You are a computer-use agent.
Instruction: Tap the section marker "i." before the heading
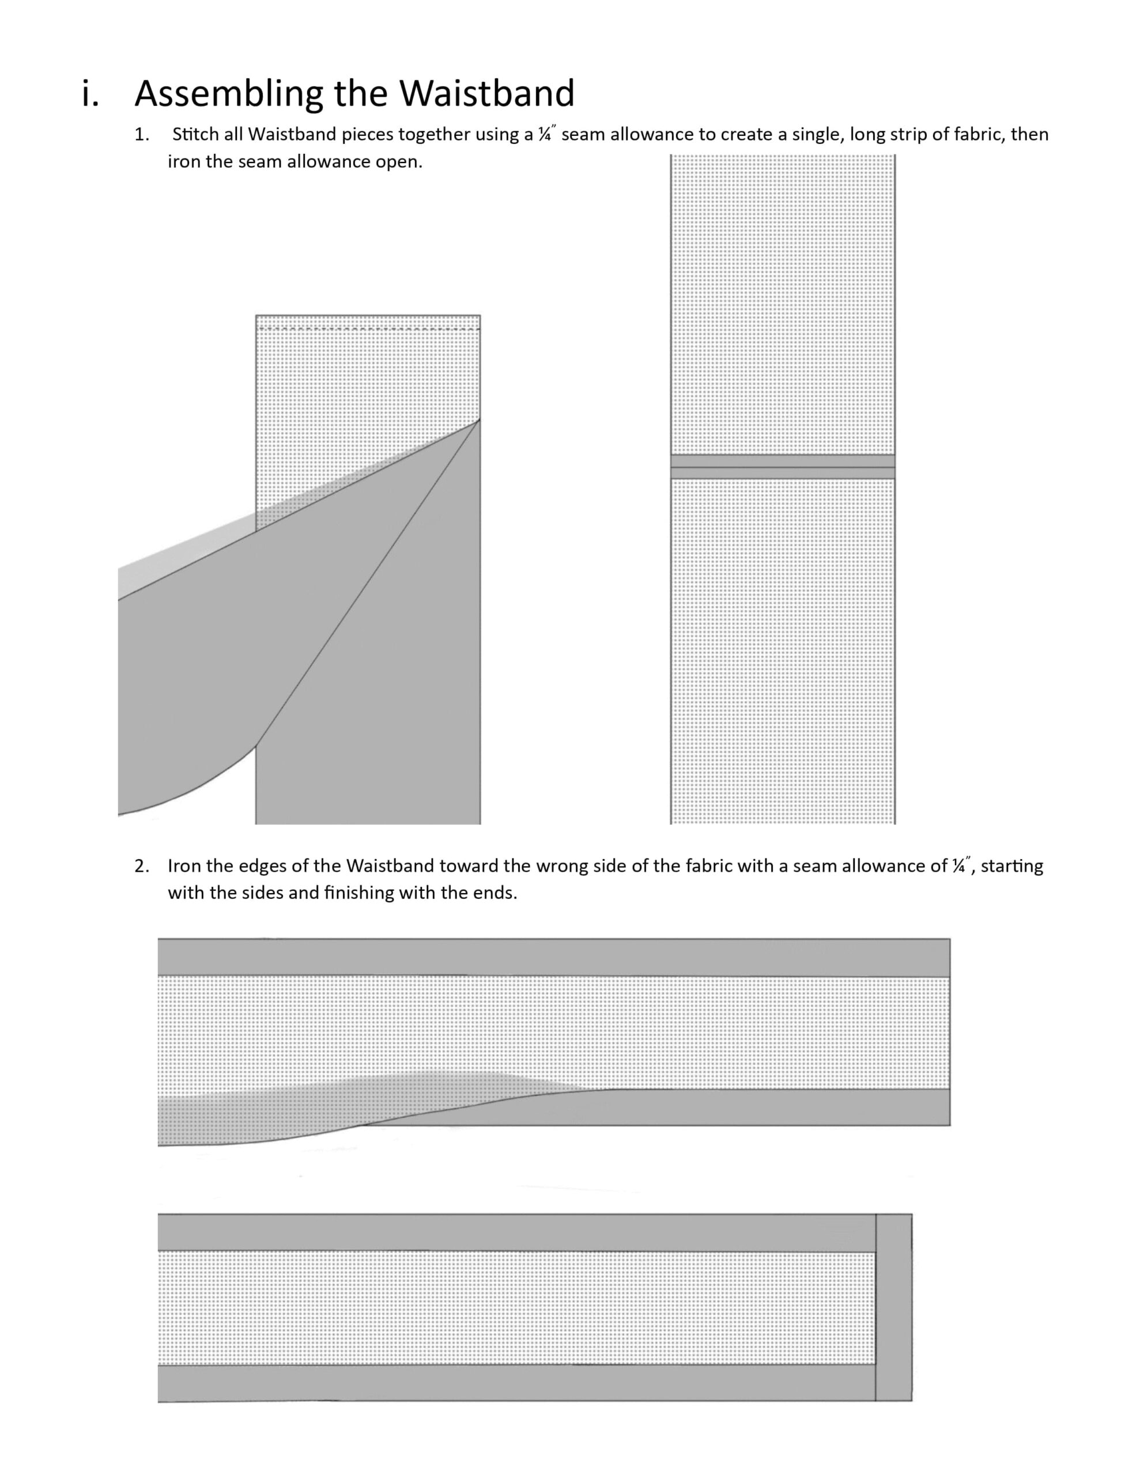90,93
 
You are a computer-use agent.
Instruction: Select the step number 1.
141,134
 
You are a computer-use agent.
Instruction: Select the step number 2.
141,866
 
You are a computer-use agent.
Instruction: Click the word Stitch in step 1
195,134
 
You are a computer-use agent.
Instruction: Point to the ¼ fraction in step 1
546,134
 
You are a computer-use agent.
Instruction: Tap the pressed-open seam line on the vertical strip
783,467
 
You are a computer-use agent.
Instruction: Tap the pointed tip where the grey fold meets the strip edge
479,420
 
